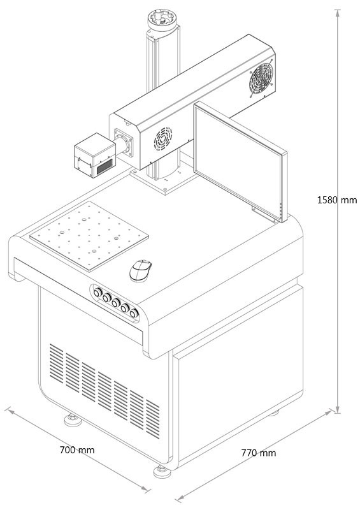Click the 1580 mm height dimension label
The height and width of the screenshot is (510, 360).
pos(337,200)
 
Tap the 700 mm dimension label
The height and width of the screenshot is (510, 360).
pos(77,450)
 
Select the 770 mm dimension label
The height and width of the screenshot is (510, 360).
pos(259,453)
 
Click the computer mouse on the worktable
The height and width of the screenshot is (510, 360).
pos(140,270)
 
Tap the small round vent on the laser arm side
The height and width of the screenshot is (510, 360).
pos(162,138)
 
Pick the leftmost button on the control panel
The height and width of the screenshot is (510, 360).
pos(97,293)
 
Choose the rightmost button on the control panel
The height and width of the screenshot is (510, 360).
pos(134,313)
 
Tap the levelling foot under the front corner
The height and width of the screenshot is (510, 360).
pos(162,472)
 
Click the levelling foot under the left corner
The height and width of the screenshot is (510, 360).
pos(73,420)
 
